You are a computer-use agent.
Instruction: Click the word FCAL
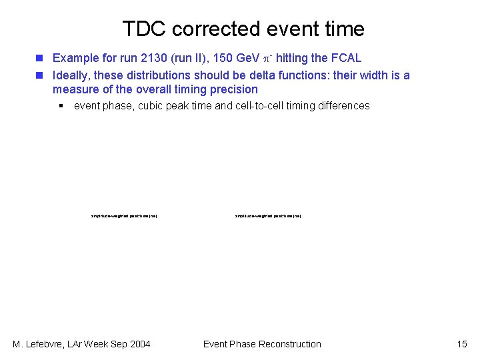[346, 58]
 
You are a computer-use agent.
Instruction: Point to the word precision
[233, 89]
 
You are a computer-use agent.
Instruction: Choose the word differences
[344, 105]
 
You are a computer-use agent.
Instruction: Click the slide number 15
[462, 344]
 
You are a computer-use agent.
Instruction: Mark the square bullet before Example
[41, 59]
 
